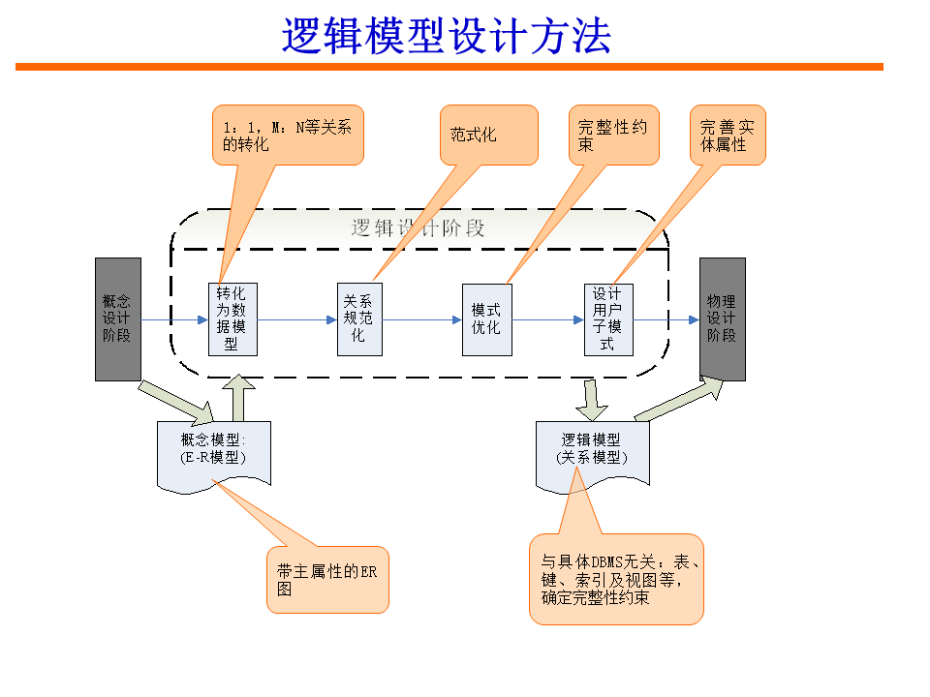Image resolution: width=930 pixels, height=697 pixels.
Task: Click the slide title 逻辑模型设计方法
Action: (447, 36)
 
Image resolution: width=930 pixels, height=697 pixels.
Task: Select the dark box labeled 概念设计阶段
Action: (118, 318)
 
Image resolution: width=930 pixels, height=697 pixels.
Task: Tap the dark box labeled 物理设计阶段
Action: (722, 318)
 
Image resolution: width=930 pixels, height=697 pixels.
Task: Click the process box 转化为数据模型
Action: (232, 318)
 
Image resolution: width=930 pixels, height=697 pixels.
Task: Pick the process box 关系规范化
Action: (357, 318)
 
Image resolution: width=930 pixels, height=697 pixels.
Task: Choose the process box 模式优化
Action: (486, 318)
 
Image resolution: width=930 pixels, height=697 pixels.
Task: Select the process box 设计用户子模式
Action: (608, 318)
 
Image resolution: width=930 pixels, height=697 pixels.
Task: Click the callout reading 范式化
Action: (488, 135)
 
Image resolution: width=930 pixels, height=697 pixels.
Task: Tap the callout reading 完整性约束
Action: (612, 135)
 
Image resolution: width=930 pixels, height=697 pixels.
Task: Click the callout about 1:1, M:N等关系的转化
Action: (288, 135)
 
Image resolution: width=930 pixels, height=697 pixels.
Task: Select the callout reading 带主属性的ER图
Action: (327, 579)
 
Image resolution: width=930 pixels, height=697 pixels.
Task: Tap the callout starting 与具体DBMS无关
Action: (616, 579)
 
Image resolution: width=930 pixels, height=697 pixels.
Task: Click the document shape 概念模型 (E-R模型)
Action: (214, 451)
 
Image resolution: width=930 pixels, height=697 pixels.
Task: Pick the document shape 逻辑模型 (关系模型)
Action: (592, 451)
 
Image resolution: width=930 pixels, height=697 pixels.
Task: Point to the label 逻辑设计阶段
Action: (418, 229)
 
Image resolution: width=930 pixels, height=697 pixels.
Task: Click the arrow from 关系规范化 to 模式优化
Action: (418, 319)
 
